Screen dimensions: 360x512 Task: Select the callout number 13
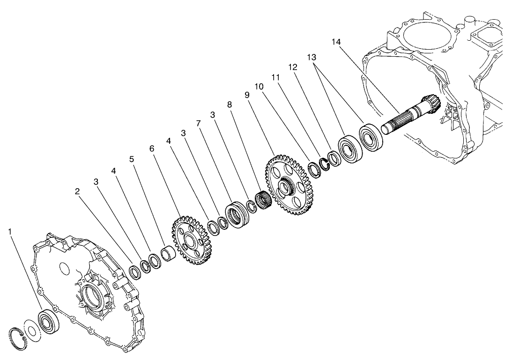312,57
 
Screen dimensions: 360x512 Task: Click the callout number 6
151,148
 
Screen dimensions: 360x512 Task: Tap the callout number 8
229,105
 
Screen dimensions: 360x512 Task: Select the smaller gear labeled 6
193,241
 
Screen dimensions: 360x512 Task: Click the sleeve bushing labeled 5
168,256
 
